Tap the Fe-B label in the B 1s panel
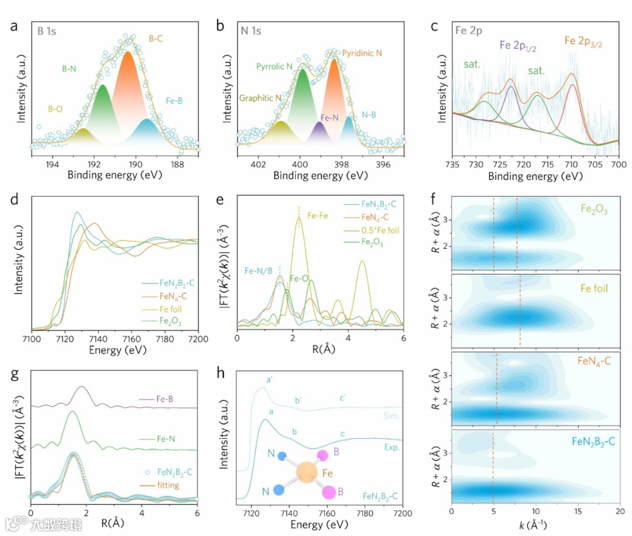174,101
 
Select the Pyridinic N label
362,53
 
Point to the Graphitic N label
259,98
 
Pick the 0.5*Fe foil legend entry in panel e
380,230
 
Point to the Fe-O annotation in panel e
300,279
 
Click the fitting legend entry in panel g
169,485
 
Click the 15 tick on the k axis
578,511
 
